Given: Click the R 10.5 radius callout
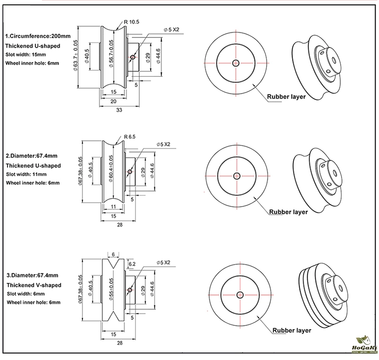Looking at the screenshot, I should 132,22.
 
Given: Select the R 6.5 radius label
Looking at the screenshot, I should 129,136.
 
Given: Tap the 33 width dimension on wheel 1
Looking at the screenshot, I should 119,109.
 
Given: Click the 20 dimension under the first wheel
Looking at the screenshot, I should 113,100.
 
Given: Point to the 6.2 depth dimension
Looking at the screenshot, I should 132,263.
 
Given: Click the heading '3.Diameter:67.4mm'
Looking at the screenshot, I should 32,275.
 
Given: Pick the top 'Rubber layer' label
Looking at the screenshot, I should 286,97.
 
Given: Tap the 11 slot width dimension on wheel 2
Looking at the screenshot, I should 113,207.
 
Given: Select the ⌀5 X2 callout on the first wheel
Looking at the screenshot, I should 171,29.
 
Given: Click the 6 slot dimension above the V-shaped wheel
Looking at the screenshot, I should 113,254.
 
